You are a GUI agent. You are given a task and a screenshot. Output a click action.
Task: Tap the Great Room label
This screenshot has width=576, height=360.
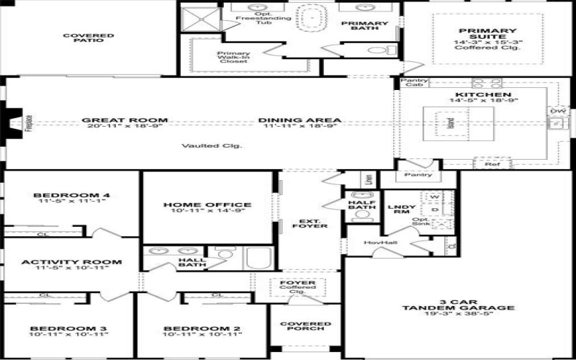125,120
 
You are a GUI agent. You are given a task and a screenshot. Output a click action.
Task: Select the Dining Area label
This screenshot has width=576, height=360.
300,120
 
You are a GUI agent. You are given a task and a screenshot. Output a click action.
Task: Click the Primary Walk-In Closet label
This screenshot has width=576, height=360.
233,57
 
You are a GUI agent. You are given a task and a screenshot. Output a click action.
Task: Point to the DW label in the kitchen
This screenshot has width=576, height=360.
557,112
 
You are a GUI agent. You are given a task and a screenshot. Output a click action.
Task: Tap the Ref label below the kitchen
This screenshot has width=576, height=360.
492,165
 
